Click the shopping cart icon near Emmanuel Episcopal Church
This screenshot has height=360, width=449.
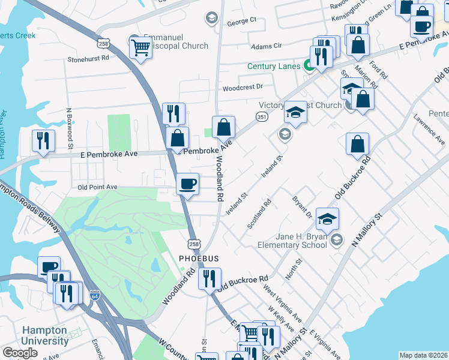coord(140,47)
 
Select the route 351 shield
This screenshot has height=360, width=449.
coord(261,116)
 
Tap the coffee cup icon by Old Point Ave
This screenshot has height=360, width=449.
coord(188,183)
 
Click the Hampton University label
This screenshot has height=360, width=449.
coord(45,335)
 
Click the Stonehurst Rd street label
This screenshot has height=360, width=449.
coord(88,59)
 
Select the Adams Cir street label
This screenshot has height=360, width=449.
coord(267,46)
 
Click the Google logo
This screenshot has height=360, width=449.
coord(20,353)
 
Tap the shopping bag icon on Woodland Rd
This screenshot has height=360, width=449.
coord(223,127)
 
